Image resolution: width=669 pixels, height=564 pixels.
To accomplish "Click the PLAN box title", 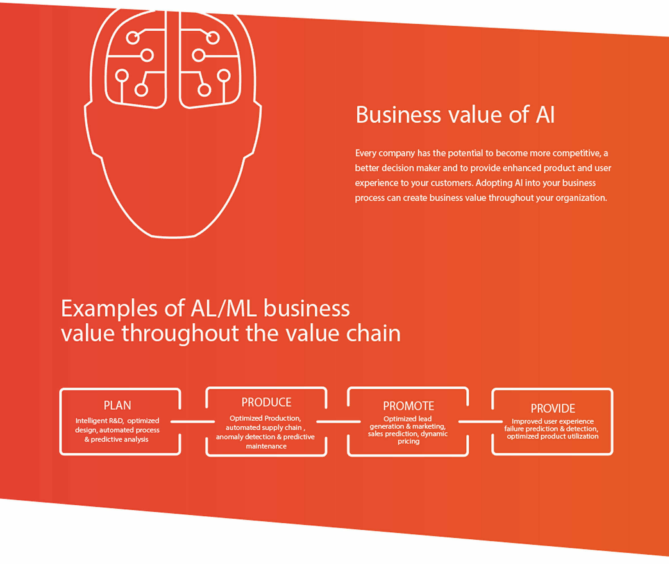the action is [117, 405].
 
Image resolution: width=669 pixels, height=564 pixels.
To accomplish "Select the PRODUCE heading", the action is [266, 402].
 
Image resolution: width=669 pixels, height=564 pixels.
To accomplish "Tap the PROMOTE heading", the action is [408, 406].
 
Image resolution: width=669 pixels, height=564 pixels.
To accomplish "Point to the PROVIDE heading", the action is [553, 409].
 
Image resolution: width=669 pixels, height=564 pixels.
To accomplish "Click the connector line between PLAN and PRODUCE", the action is [193, 422].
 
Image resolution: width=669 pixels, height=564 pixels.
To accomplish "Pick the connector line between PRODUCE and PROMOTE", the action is [338, 422].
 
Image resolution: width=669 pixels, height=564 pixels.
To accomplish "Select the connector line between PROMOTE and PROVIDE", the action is [480, 422].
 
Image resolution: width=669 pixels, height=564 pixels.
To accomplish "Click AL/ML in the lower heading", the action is [224, 309].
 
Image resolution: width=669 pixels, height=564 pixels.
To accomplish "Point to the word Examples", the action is [109, 309].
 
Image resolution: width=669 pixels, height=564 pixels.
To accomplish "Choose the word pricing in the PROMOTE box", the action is [408, 441].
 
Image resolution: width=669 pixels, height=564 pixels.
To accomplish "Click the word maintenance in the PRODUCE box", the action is [266, 446].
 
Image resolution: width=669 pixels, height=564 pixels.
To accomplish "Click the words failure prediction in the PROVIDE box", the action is [531, 429].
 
